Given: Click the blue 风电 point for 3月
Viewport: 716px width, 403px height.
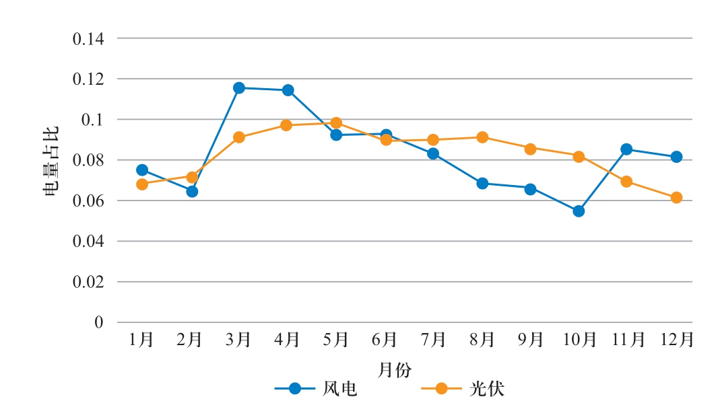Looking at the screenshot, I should (x=239, y=87).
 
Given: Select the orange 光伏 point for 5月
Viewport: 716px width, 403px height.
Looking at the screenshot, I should (x=336, y=123).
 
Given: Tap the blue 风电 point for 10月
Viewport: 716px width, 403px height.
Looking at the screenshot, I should (x=579, y=211).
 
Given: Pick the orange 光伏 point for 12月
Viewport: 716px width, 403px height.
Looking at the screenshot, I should (x=676, y=198).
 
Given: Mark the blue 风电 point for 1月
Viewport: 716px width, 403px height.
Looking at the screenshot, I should (x=142, y=170).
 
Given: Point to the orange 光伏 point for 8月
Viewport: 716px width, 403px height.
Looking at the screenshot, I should (x=482, y=137).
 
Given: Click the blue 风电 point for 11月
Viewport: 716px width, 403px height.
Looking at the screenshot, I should (x=627, y=149).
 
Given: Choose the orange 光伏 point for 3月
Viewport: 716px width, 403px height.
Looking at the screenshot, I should (x=239, y=137).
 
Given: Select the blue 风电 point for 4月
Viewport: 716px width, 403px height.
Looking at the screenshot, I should (x=288, y=90).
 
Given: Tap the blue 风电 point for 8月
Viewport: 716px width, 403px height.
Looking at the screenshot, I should (x=482, y=183).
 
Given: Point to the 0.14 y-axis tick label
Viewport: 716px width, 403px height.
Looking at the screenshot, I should (x=88, y=39).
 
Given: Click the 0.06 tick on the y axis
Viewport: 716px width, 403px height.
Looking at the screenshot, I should (x=88, y=201).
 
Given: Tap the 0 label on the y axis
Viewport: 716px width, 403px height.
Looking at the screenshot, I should (x=99, y=323).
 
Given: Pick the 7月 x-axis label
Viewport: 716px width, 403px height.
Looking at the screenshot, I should (x=433, y=340).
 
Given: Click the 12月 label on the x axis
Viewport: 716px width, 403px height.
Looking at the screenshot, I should (x=676, y=340).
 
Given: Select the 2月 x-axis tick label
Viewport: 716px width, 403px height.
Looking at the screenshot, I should (x=191, y=340).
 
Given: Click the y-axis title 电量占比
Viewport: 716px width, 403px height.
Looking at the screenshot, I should (x=52, y=161).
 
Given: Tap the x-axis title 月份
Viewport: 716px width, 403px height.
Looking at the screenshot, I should (x=395, y=369).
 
